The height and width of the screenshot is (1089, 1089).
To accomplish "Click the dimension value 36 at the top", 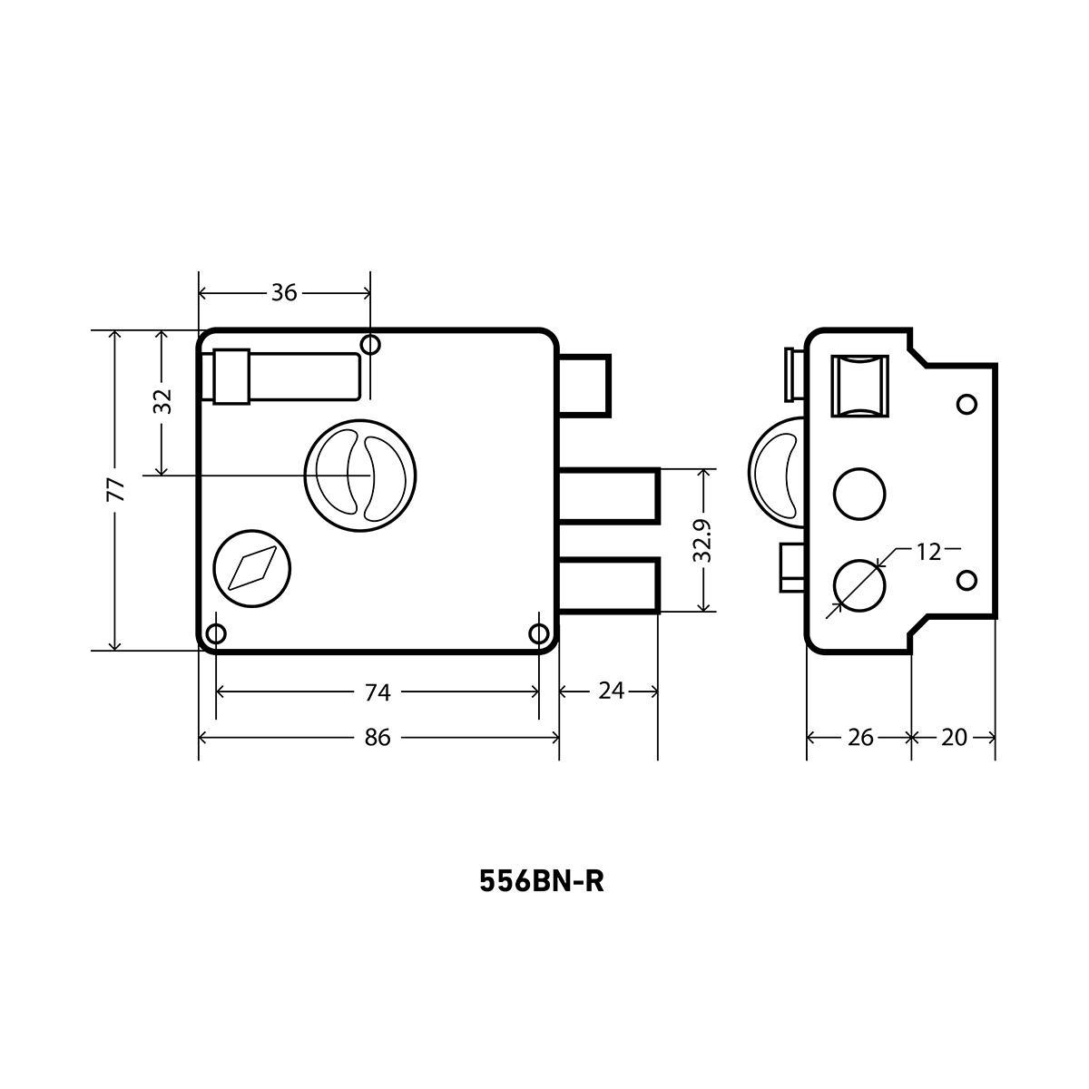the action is point(284,293).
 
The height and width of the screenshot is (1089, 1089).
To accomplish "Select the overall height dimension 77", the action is point(116,489).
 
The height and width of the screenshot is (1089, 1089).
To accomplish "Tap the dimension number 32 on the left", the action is point(162,401).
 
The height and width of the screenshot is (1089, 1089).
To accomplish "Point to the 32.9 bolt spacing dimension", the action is point(702,541).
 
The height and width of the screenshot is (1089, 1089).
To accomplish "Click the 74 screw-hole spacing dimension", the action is point(377,692).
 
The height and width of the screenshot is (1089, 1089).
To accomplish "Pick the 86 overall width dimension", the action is point(377,738).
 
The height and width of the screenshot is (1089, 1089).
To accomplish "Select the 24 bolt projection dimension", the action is point(611,691).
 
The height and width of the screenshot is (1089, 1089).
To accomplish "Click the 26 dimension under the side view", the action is point(860,738).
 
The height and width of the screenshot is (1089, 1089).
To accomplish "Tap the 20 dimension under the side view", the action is point(954,738).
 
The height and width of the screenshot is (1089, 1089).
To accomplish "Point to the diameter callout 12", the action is point(928,552).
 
